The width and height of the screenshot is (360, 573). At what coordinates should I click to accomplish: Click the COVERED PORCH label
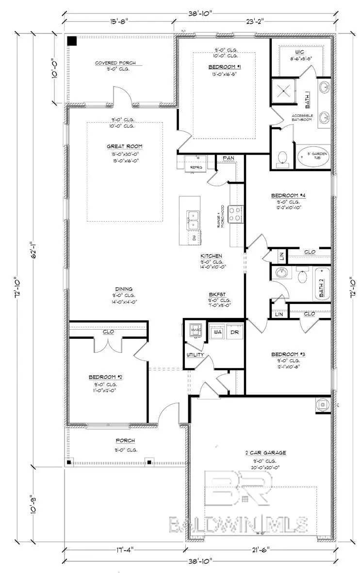pos(115,63)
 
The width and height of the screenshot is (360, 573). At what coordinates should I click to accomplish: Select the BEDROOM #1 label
pos(224,66)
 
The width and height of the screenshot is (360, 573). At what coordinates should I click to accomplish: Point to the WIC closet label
pos(299,51)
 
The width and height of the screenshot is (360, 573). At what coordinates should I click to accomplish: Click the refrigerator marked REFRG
pos(196,162)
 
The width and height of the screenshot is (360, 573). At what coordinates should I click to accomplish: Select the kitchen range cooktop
pos(236,214)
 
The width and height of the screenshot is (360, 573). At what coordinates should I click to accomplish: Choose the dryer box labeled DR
pos(234,333)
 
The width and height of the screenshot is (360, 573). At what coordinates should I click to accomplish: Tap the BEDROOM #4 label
pos(288,196)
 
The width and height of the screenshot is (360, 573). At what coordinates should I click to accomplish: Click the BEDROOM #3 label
pos(288,354)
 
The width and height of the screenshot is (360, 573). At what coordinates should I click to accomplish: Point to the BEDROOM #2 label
pos(102,377)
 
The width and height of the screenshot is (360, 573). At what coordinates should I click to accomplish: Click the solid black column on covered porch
pos(72,41)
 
